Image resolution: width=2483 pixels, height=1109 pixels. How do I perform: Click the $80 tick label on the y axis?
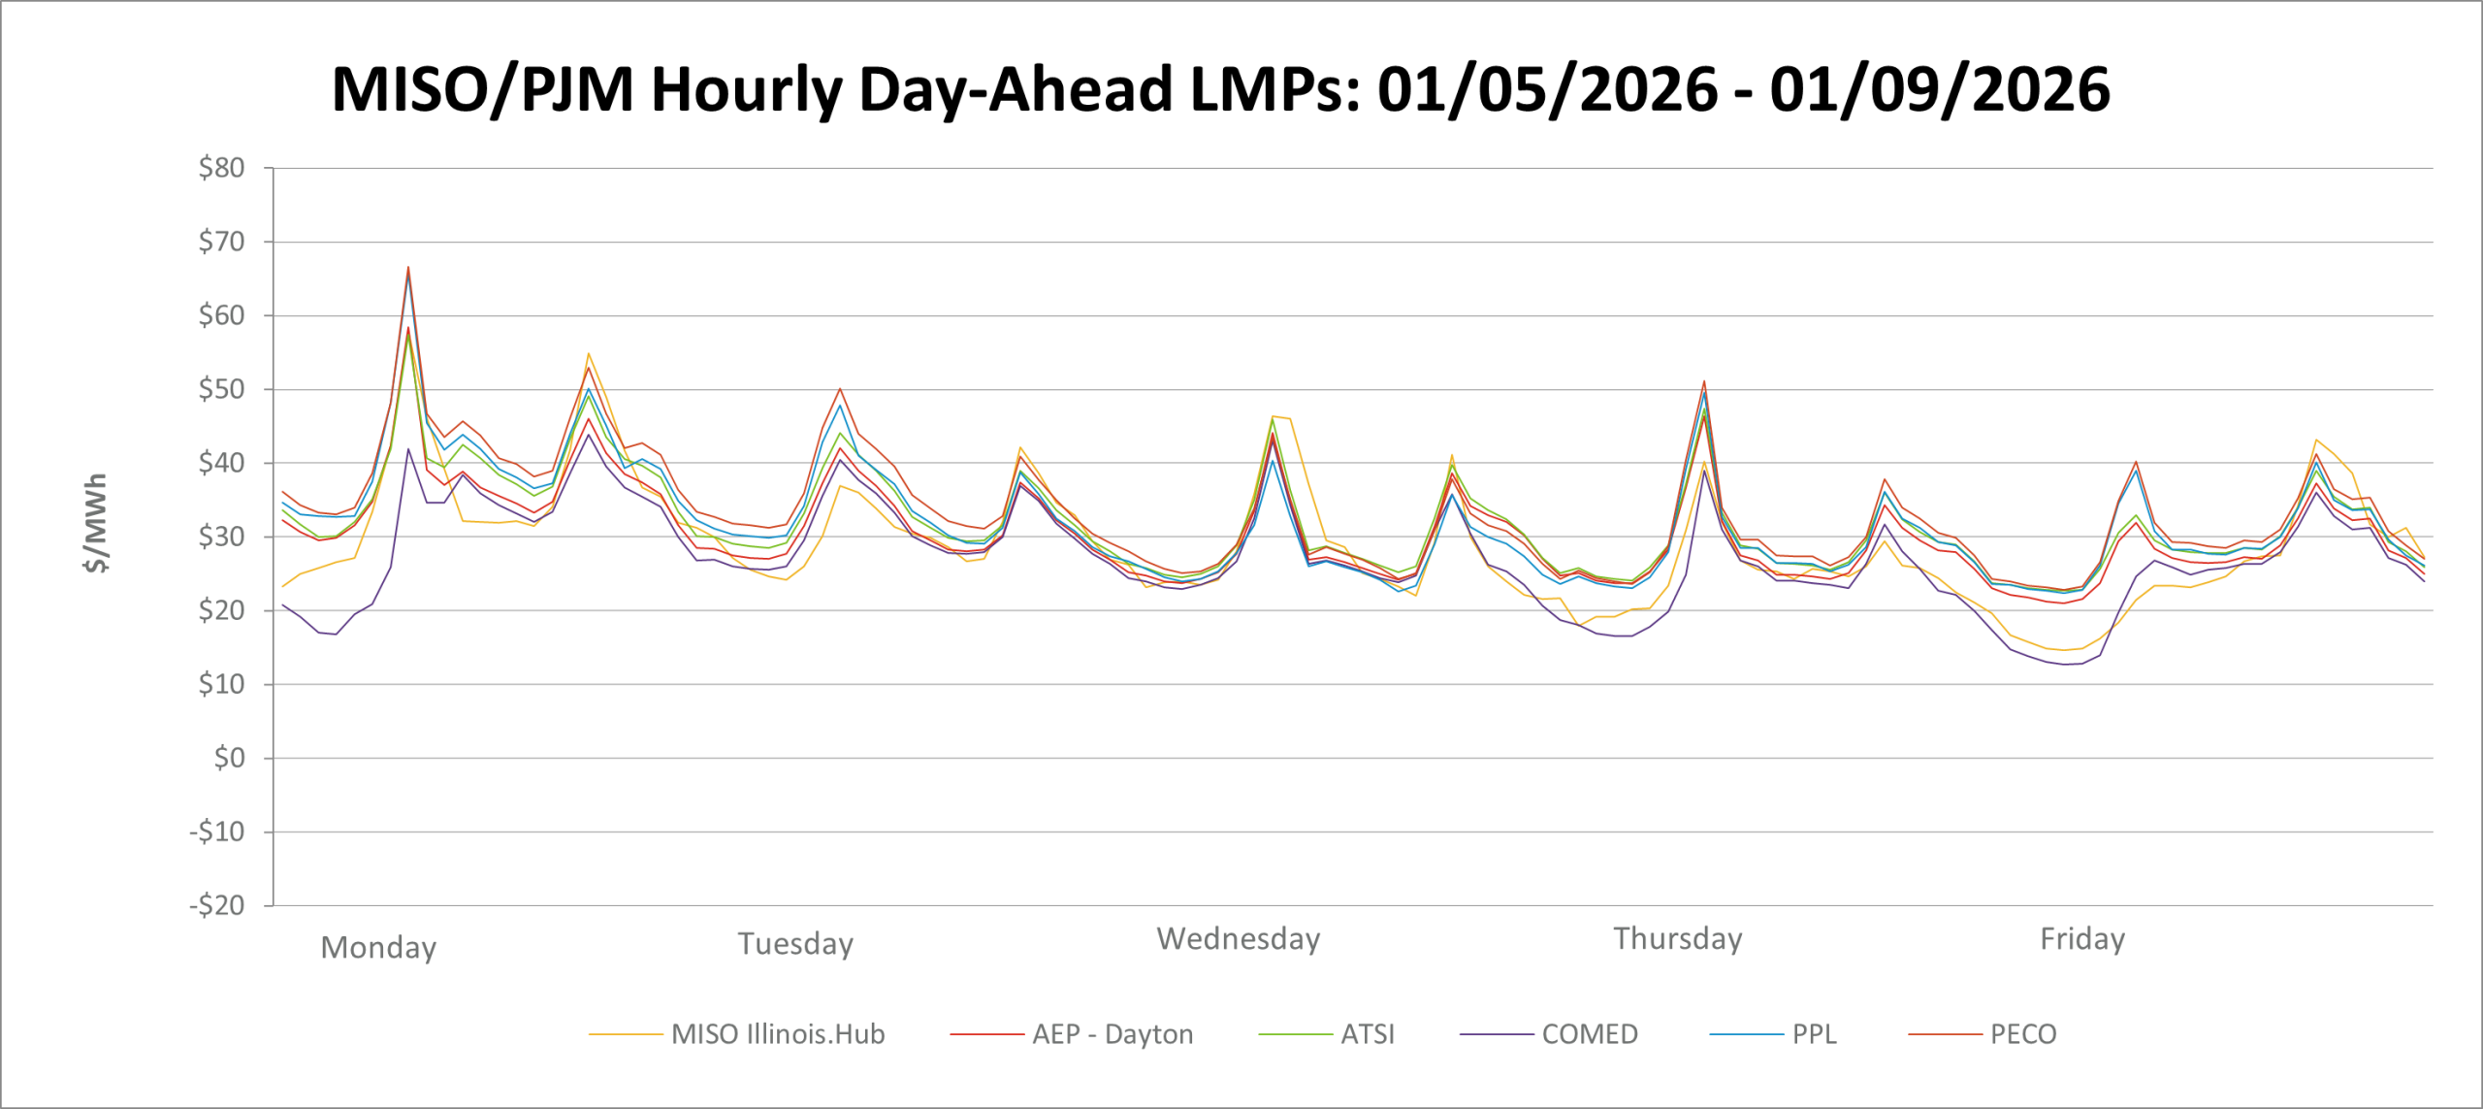click(x=221, y=168)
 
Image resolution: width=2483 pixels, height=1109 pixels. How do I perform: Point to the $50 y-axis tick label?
click(x=221, y=389)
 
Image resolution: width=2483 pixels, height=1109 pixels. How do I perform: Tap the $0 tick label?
click(x=229, y=758)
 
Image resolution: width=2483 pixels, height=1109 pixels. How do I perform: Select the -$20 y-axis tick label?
click(x=217, y=905)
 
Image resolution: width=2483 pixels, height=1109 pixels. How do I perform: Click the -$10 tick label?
click(x=217, y=832)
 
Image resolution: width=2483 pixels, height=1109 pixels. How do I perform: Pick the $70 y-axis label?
click(x=221, y=242)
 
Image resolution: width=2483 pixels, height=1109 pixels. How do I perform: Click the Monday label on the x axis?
click(x=378, y=947)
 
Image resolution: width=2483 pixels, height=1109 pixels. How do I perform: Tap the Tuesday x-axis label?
click(x=795, y=943)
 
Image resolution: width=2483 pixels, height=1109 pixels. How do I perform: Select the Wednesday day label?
click(x=1238, y=939)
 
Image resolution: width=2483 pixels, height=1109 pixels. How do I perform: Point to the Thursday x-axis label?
click(x=1678, y=939)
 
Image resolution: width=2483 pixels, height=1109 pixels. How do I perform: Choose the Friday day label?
click(x=2082, y=939)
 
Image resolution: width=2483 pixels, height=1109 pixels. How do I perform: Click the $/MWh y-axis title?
click(x=96, y=523)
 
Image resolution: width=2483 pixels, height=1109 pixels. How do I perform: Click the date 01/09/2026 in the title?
click(x=1939, y=89)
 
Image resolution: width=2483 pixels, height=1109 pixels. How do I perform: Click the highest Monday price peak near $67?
click(x=408, y=267)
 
